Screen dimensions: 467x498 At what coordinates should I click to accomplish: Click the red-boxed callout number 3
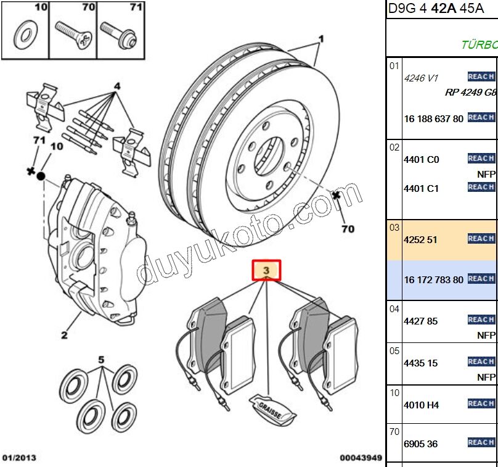point(266,270)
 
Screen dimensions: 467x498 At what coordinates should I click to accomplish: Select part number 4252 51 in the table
point(421,239)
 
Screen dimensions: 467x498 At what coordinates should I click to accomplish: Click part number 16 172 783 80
point(433,279)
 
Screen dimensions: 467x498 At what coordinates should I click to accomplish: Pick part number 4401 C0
point(421,159)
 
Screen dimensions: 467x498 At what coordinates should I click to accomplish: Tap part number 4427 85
point(421,321)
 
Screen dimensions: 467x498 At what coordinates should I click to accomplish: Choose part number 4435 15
point(421,363)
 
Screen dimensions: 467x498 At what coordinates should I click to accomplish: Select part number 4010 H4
point(421,405)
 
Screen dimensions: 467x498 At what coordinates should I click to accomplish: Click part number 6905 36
point(421,444)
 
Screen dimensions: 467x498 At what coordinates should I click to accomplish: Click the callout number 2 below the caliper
point(64,336)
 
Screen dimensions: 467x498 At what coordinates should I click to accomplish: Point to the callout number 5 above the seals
point(102,358)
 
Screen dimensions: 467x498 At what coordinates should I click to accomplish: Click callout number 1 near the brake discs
point(320,38)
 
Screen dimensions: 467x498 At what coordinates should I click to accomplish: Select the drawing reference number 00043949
point(361,458)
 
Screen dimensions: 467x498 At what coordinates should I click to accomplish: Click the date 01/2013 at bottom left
point(20,458)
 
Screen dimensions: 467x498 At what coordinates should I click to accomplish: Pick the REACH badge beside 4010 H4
point(481,403)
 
